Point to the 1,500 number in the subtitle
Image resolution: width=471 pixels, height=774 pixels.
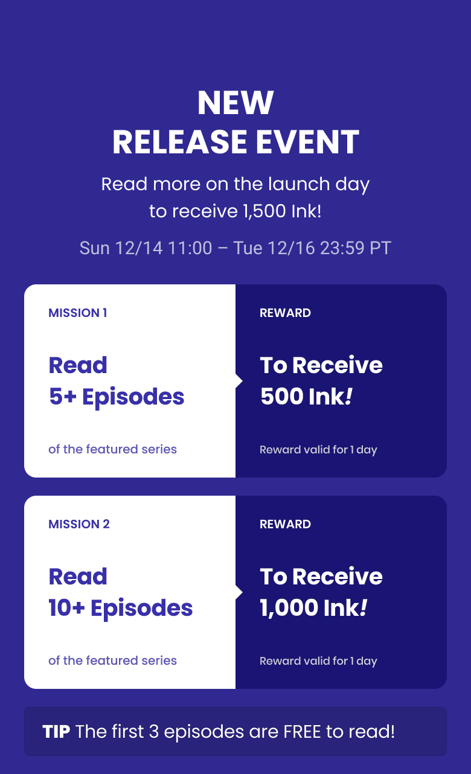pos(264,211)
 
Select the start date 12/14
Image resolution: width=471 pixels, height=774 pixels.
pos(139,248)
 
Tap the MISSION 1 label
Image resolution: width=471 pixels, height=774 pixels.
pos(78,313)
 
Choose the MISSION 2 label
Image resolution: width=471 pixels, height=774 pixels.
pos(79,524)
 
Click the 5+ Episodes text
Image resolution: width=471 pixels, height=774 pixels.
pos(117,396)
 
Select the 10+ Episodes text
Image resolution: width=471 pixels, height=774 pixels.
pos(121,608)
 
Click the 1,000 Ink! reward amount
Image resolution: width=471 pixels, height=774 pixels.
pos(313,607)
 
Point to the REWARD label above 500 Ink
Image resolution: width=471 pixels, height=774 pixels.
pos(285,313)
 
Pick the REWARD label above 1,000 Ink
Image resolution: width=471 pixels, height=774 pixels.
pos(285,524)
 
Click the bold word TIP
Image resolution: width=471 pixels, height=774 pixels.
pos(56,732)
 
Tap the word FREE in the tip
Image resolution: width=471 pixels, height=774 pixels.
pos(302,732)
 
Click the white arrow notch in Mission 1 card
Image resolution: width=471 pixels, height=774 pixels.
pos(239,381)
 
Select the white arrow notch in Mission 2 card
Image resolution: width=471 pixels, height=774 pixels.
pos(239,593)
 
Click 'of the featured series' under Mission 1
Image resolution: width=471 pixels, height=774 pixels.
pos(113,449)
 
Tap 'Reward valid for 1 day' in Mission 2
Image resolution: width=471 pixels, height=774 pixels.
pos(318,661)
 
